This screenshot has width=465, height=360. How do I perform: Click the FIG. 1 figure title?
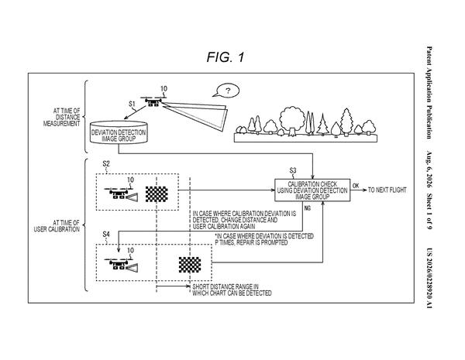click(226, 57)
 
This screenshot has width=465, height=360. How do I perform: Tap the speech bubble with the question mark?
click(227, 91)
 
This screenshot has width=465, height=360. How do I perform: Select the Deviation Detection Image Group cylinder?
click(119, 132)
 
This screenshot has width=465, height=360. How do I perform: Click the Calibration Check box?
click(312, 190)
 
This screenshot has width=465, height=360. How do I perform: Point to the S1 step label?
click(132, 104)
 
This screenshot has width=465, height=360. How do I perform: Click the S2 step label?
click(106, 163)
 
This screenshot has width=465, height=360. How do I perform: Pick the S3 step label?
click(293, 170)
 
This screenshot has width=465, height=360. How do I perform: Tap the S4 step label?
click(106, 235)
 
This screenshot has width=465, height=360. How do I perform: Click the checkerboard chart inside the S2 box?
click(157, 194)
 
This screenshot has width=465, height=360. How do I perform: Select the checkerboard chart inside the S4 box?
click(190, 265)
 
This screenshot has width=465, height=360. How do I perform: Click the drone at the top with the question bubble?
click(153, 101)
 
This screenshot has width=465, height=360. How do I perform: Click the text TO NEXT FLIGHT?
click(387, 190)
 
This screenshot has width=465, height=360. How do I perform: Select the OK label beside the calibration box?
click(356, 186)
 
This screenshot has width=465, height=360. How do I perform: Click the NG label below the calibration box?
click(308, 208)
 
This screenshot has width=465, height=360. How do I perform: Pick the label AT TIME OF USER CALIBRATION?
click(57, 226)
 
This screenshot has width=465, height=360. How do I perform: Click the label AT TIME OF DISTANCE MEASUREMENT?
click(62, 118)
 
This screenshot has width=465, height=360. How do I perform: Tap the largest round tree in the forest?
click(292, 120)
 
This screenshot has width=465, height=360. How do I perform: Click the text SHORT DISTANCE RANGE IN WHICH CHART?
click(232, 290)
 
